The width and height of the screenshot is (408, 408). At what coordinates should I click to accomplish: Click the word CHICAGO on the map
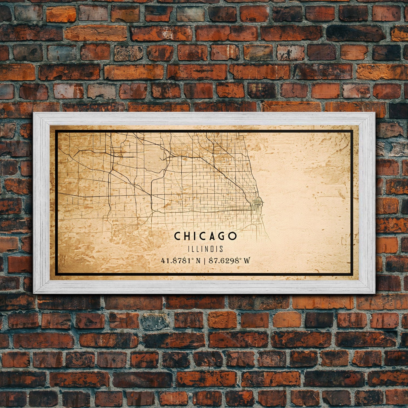click(x=205, y=236)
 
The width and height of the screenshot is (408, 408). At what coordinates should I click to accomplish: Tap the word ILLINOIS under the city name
click(x=205, y=249)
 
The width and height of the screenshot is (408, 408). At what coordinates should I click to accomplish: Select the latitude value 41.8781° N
click(x=181, y=261)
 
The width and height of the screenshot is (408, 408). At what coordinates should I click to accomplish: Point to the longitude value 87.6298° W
click(x=229, y=261)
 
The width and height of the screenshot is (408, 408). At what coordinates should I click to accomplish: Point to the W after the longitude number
click(x=247, y=261)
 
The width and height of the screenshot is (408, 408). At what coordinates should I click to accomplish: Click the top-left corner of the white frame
click(x=34, y=113)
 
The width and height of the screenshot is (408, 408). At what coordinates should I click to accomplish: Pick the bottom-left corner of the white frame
click(x=34, y=293)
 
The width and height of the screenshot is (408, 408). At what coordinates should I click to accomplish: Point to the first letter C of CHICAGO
click(x=177, y=236)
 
